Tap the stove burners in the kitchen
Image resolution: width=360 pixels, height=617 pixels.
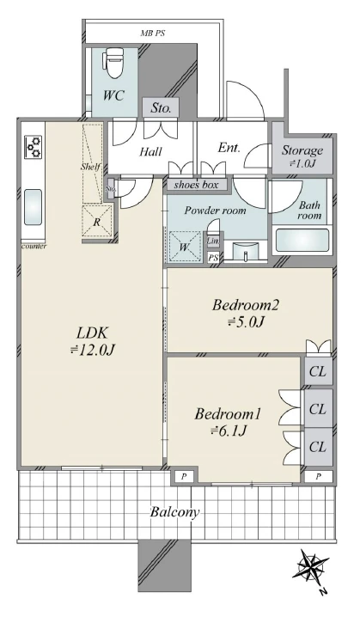(x=33, y=147)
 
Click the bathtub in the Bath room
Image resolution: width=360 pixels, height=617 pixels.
(x=302, y=240)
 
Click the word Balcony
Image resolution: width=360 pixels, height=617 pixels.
(x=174, y=512)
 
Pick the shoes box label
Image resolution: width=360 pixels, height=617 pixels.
(x=196, y=185)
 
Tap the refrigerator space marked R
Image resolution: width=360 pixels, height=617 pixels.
(x=97, y=221)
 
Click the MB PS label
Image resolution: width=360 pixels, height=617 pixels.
(x=152, y=34)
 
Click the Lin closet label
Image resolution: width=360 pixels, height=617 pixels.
(x=213, y=241)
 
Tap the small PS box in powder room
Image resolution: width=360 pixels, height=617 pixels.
(x=213, y=258)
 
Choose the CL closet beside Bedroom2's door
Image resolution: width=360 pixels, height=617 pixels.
(x=318, y=371)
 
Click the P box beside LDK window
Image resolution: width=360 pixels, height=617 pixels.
(x=184, y=477)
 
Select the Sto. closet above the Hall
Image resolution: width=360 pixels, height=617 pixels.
(x=161, y=107)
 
